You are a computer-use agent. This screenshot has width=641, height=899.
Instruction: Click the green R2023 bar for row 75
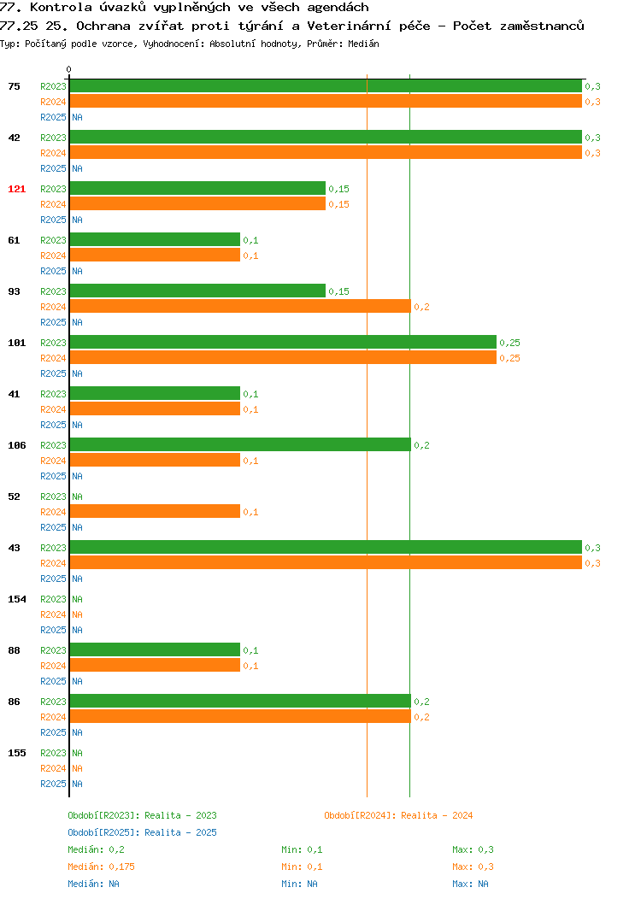(326, 86)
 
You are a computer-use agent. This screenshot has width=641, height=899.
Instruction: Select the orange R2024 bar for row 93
(240, 306)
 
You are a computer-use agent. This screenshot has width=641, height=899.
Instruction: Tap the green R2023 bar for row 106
(240, 445)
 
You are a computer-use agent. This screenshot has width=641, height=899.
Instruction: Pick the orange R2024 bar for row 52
(155, 511)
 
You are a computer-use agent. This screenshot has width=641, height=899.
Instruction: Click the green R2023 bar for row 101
(283, 343)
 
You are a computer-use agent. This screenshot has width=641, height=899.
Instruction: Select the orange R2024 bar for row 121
(197, 203)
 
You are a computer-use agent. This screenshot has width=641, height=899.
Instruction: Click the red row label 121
(16, 189)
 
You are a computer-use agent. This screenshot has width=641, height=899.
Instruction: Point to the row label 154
(16, 599)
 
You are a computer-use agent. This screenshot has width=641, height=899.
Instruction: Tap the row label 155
(16, 753)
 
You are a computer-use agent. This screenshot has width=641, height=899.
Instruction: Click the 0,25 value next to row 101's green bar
(509, 343)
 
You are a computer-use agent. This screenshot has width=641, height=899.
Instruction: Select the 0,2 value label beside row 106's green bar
(421, 445)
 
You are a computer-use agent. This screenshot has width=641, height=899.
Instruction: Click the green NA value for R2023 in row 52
(78, 497)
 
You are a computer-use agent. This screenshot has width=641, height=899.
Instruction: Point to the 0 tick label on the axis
(69, 70)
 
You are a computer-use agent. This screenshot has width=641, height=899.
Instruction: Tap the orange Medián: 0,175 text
(102, 867)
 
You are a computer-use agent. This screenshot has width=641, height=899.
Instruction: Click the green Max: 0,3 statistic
(473, 849)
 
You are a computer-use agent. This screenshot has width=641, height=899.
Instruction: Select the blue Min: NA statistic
(299, 884)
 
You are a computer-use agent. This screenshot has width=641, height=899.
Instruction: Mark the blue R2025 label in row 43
(53, 579)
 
